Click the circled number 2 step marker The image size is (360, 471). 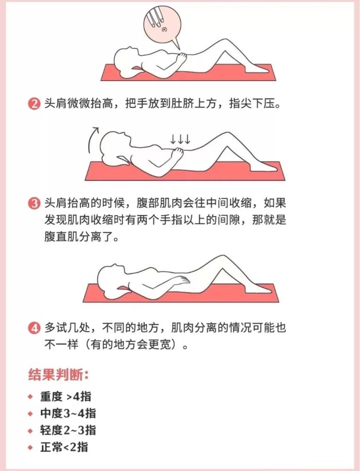[34, 104]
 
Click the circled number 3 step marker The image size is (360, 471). [34, 203]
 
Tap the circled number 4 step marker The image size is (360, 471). [34, 328]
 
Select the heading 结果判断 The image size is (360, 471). [58, 375]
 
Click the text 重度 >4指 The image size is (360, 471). [65, 397]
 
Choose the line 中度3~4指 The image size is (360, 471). [68, 414]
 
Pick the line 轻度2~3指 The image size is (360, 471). [68, 430]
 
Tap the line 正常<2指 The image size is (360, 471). [64, 447]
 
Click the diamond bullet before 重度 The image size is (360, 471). [30, 397]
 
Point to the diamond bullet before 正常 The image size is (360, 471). [30, 447]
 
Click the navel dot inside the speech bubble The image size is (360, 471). [164, 29]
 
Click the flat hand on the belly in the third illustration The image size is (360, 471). [180, 280]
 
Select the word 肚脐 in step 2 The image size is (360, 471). [183, 104]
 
